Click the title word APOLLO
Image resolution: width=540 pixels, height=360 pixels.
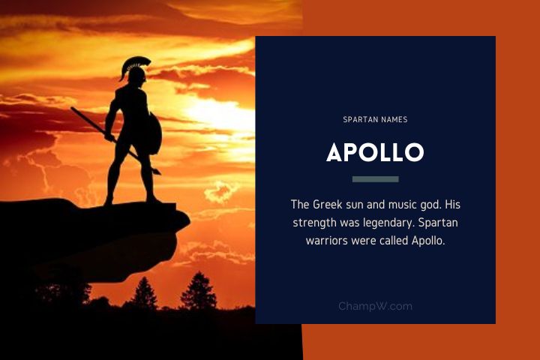[x=375, y=152]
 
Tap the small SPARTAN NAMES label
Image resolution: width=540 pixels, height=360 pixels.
[x=375, y=118]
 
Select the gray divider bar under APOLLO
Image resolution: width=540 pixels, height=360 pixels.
[x=375, y=179]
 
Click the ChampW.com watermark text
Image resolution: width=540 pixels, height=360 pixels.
[x=375, y=306]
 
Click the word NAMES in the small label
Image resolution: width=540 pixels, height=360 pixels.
[x=394, y=118]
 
